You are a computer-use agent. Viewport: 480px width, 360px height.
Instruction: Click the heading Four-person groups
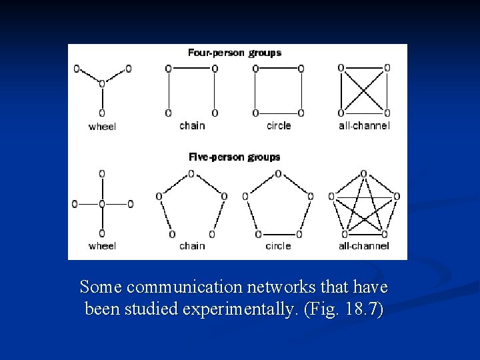tap(235, 53)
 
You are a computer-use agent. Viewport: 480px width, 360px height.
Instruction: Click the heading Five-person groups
tap(235, 157)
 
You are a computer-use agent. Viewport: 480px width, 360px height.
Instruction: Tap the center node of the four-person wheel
tap(101, 83)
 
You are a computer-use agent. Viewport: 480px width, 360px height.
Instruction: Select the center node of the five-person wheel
tap(101, 204)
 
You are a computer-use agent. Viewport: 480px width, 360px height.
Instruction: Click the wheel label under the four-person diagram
tap(102, 126)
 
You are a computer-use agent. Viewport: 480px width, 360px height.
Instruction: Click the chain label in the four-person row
tap(192, 125)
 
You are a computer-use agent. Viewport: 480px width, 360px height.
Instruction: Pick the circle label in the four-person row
tap(279, 125)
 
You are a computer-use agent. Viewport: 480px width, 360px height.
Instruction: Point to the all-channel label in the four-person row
tap(364, 125)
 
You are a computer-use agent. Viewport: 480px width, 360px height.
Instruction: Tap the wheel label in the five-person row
tap(102, 246)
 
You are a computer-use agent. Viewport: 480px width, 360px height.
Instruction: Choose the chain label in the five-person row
tap(192, 246)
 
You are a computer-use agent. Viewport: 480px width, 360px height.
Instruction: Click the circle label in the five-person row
tap(278, 246)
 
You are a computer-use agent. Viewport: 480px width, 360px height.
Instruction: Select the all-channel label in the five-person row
tap(364, 246)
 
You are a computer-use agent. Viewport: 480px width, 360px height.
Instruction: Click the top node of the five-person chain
tap(191, 173)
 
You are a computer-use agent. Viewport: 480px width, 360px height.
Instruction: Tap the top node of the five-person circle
tap(278, 173)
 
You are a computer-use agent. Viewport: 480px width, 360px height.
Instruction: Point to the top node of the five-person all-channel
tap(364, 173)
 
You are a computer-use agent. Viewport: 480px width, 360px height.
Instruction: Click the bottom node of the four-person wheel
tap(101, 113)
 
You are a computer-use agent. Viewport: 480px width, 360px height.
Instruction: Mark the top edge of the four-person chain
tap(191, 68)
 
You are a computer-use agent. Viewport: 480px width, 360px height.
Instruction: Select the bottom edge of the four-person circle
tap(278, 113)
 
